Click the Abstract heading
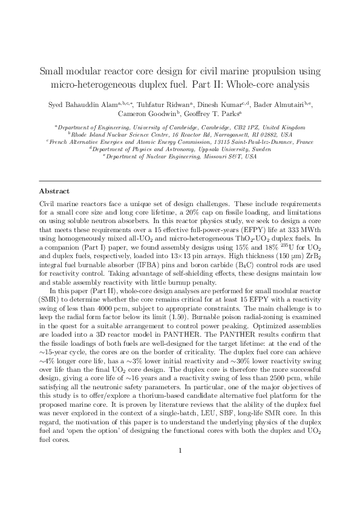point(54,191)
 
